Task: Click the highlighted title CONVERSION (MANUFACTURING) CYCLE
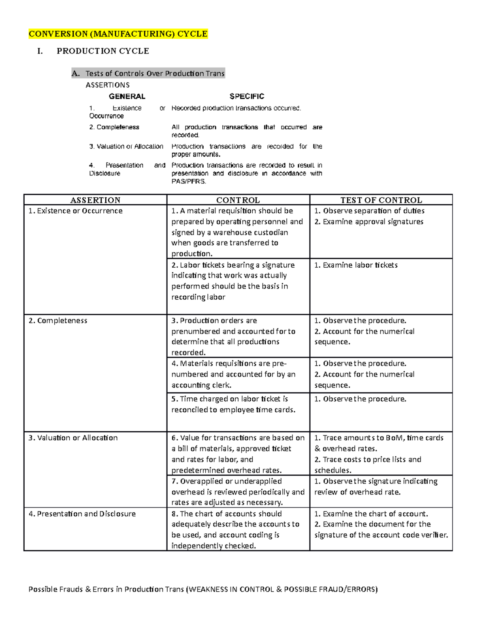click(118, 34)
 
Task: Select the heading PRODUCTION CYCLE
click(103, 51)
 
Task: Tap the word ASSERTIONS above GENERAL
click(108, 85)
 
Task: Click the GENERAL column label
click(127, 96)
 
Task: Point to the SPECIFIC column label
click(247, 96)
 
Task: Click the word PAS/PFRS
click(189, 181)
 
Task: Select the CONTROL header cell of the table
click(238, 200)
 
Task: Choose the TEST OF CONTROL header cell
click(381, 200)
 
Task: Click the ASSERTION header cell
click(95, 200)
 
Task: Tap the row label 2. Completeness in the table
click(58, 320)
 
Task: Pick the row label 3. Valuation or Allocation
click(73, 438)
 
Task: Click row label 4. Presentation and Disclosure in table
click(82, 514)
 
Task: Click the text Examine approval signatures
click(373, 222)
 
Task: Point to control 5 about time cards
click(233, 404)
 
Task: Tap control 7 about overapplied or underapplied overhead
click(237, 492)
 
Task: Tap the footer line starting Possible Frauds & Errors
click(202, 589)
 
